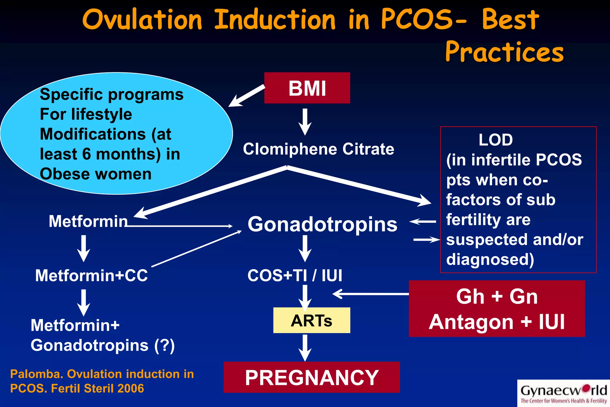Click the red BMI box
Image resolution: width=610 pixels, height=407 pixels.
[307, 88]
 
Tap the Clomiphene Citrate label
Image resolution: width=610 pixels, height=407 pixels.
[318, 149]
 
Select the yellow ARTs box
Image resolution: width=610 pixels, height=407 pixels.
[312, 321]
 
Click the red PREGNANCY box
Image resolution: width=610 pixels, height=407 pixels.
[312, 378]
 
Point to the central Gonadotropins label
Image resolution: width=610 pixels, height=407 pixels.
[323, 224]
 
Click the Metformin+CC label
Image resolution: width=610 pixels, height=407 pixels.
[91, 275]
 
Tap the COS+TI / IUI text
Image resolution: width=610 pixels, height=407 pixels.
[295, 275]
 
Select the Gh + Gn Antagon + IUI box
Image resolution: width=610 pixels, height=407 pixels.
[497, 309]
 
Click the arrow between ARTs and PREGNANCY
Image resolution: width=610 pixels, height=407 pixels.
[305, 347]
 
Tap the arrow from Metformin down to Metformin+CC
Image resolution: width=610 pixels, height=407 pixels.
[84, 248]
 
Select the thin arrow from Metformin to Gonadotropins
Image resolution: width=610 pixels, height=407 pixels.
[179, 226]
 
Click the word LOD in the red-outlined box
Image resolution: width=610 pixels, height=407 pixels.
[496, 140]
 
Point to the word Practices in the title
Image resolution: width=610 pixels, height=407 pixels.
[504, 52]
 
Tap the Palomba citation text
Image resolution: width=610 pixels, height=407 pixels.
[102, 381]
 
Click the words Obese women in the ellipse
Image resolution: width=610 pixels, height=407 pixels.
[96, 174]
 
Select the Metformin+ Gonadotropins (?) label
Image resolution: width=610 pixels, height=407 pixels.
[102, 335]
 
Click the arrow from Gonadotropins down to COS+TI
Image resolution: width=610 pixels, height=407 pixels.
[305, 248]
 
